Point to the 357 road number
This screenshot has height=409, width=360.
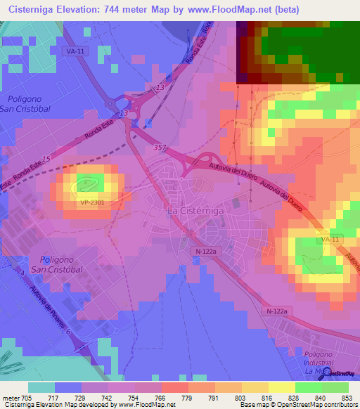tap(159, 147)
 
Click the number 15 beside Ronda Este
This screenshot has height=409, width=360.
tap(46, 161)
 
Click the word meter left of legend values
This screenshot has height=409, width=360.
tap(11, 398)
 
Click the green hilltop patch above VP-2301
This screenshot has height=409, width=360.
tap(89, 183)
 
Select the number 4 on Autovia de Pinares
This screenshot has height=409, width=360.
tap(22, 272)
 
